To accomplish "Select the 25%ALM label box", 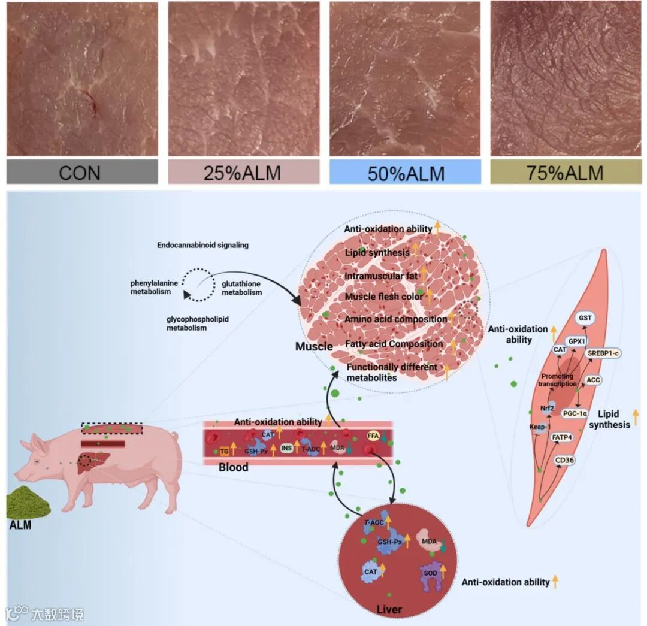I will pyautogui.click(x=243, y=173).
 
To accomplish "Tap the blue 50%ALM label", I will pyautogui.click(x=405, y=173).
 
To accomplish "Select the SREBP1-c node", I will pyautogui.click(x=603, y=353).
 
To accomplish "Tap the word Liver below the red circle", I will pyautogui.click(x=389, y=610).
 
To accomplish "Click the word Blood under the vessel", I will pyautogui.click(x=233, y=467).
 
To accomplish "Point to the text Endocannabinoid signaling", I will pyautogui.click(x=202, y=246).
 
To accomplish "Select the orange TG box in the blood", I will pyautogui.click(x=225, y=451).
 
